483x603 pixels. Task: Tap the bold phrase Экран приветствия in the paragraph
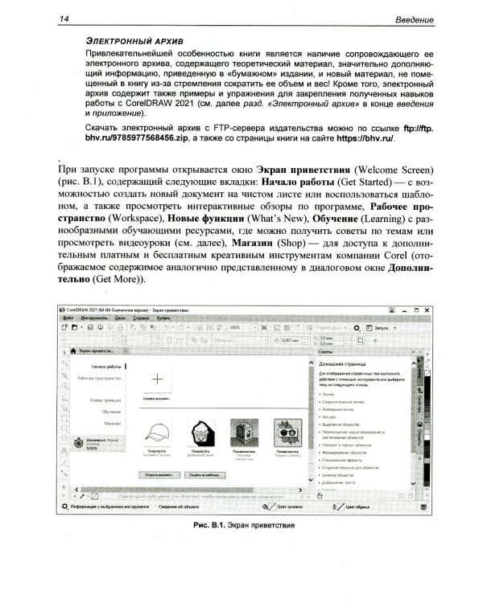click(302, 170)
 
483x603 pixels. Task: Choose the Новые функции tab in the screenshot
click(105, 400)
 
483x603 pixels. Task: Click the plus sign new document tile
click(157, 377)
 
